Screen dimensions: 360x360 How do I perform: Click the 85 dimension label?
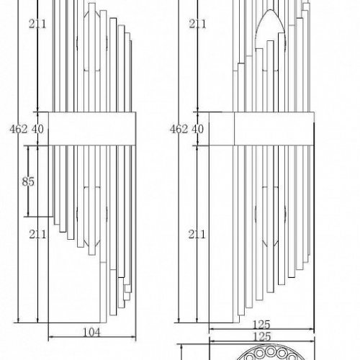click(x=28, y=181)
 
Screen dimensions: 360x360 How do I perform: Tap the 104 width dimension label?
click(x=91, y=333)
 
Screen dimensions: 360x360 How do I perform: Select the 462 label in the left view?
click(x=19, y=130)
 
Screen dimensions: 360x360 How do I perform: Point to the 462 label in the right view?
click(x=179, y=130)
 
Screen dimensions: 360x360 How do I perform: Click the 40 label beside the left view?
click(x=37, y=130)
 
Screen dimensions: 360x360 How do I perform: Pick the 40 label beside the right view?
click(x=198, y=130)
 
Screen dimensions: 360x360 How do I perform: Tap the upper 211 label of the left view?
click(x=37, y=24)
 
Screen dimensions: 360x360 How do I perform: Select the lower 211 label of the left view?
click(x=37, y=235)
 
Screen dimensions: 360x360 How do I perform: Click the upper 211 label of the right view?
click(x=197, y=24)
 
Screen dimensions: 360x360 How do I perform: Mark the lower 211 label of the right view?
click(x=197, y=235)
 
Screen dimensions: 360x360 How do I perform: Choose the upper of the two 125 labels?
click(x=261, y=325)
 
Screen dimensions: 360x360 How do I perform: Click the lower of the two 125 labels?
click(x=262, y=337)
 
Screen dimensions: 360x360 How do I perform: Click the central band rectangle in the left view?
click(x=92, y=129)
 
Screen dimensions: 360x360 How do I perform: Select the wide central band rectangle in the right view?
click(x=274, y=129)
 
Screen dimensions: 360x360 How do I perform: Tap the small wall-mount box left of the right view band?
click(x=222, y=129)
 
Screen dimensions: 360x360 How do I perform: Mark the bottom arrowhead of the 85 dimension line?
click(x=28, y=214)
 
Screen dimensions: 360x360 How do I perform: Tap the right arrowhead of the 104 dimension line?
click(x=133, y=337)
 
